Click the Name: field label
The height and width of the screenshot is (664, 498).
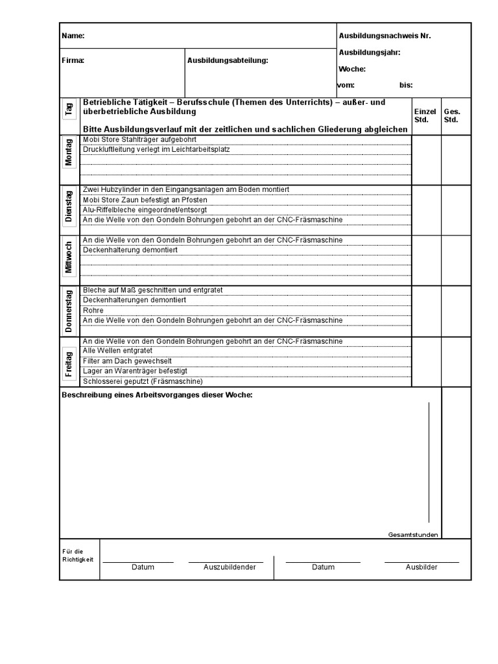coord(73,36)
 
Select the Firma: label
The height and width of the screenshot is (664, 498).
coord(73,60)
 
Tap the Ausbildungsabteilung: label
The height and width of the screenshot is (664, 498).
coord(228,60)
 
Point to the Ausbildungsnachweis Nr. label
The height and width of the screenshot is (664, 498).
coord(385,36)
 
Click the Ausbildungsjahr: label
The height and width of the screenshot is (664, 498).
coord(369,53)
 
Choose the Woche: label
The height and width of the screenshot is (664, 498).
coord(352,69)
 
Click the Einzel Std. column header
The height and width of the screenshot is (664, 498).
coord(425,115)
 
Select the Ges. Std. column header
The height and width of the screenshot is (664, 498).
coord(451,115)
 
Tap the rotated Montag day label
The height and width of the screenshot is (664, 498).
coord(69,152)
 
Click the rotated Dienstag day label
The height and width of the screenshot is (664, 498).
coord(69,206)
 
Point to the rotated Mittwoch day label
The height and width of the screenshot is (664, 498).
coord(69,257)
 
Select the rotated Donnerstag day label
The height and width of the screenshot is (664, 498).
coord(69,311)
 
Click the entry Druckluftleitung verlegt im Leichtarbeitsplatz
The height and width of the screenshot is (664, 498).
coord(156,149)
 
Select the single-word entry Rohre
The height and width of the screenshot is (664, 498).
coord(93,311)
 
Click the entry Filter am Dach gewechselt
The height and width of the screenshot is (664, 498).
coord(127,361)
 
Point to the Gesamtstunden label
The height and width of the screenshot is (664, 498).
coord(413,534)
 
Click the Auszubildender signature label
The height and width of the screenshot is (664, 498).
coord(230,567)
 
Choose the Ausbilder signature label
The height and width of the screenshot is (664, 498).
coord(421,567)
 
